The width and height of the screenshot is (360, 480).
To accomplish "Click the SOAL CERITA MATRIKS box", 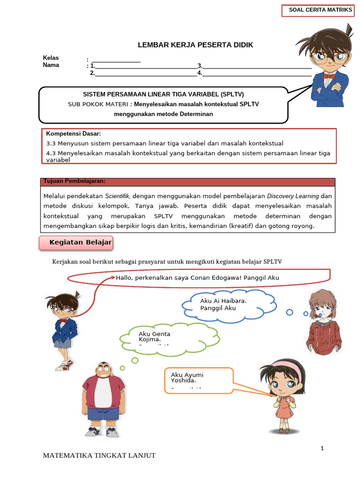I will point(320,10).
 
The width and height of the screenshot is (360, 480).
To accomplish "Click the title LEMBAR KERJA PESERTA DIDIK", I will point(195,45).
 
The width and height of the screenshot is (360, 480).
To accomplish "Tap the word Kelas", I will point(51,58).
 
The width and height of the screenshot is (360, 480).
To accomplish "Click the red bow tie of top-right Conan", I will point(330,75).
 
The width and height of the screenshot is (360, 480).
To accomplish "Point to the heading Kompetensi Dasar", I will point(74,134).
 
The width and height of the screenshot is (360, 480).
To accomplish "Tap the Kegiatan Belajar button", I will point(76,243).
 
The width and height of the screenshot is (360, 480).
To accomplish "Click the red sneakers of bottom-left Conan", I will point(64,365).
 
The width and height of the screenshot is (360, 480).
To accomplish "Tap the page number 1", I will point(322,449).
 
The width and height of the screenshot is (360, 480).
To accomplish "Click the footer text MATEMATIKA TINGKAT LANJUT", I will point(99,456).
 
